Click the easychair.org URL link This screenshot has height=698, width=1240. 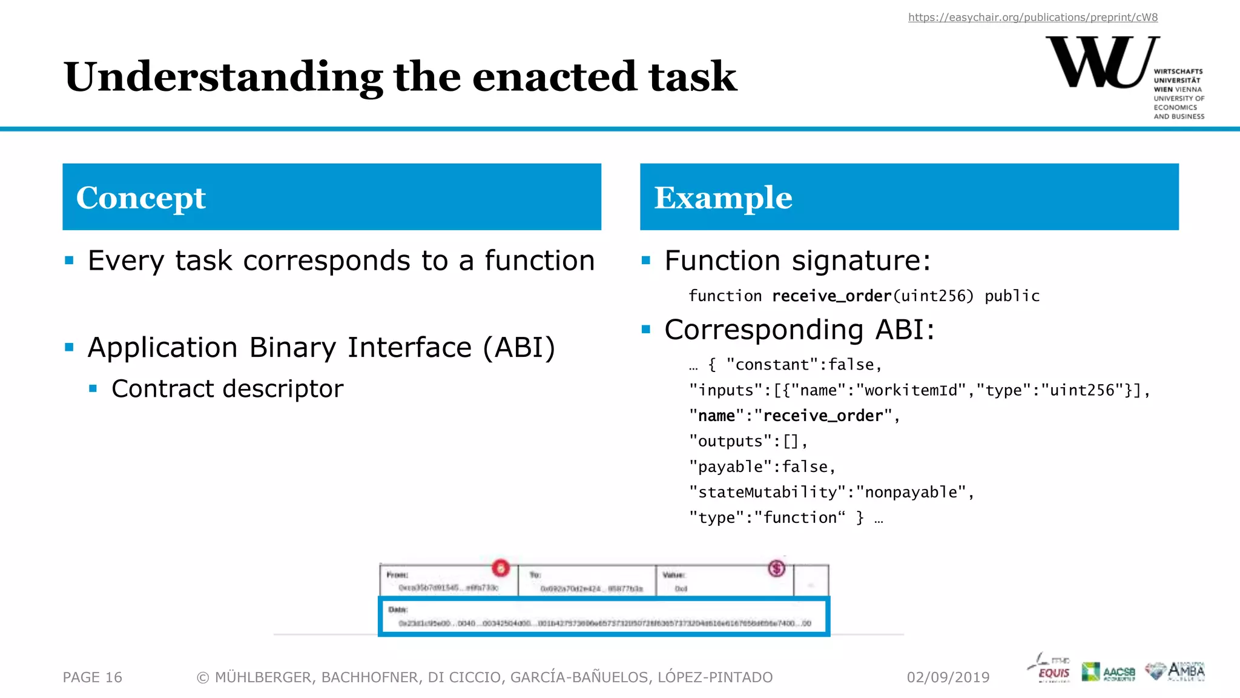coord(1033,18)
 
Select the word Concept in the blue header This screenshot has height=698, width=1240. coord(141,198)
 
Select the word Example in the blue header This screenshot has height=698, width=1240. coord(723,198)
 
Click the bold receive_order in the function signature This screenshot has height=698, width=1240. coord(831,296)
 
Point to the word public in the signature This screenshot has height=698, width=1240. coord(1012,296)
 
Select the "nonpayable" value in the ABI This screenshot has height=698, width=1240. coord(911,492)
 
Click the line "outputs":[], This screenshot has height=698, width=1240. coord(748,441)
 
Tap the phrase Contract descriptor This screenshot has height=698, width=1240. coord(227,389)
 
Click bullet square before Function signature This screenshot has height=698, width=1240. coord(646,261)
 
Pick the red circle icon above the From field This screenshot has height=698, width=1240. coord(501,568)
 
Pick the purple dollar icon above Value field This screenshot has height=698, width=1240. coord(777,568)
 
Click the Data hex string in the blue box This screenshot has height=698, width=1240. coord(604,623)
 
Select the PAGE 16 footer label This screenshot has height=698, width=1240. coord(93,677)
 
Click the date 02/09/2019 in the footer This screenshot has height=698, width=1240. coord(948,677)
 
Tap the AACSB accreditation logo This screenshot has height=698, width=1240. coord(1109,672)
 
